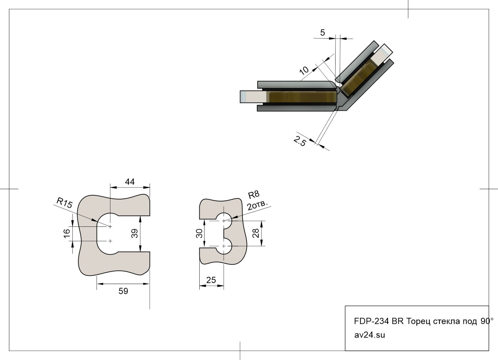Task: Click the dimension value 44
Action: click(x=130, y=182)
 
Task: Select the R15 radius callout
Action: click(x=64, y=202)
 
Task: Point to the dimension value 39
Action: click(x=135, y=234)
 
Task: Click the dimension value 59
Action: click(x=123, y=291)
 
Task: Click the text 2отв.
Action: click(x=257, y=205)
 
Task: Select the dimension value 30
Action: click(x=199, y=234)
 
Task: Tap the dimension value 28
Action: click(x=256, y=233)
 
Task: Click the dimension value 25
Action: click(x=211, y=280)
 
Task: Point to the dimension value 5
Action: click(x=322, y=32)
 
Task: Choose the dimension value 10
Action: click(x=304, y=70)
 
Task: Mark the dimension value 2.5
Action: click(x=300, y=141)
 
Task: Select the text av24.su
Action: click(x=370, y=334)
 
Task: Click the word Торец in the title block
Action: click(x=419, y=321)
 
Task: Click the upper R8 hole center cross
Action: click(x=224, y=220)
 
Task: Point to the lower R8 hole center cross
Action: click(x=224, y=246)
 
